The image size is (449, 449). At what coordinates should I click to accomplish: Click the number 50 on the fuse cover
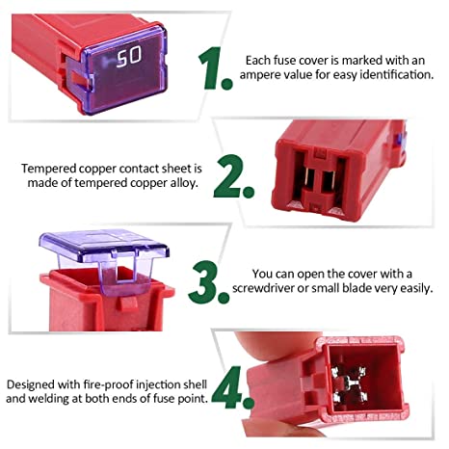pos(128,59)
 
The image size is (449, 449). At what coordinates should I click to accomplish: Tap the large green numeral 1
pos(214,67)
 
